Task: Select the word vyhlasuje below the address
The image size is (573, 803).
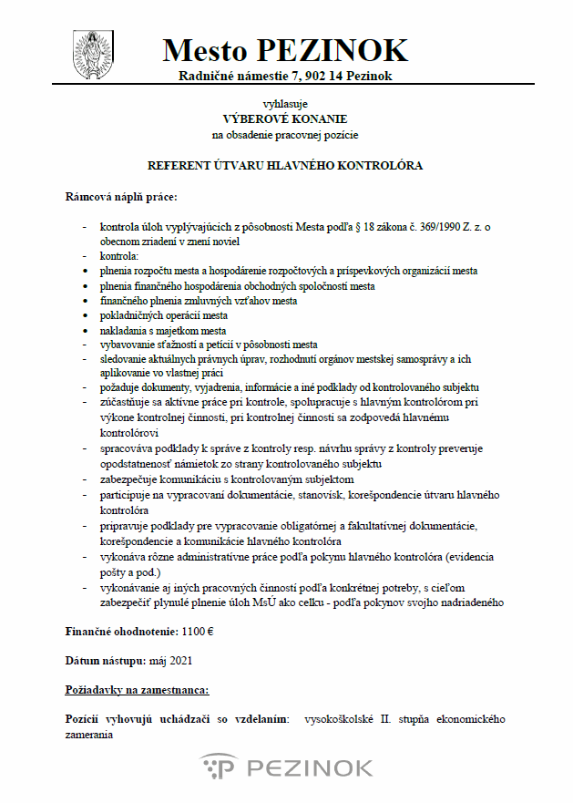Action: click(285, 104)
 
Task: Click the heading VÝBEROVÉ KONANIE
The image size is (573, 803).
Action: click(285, 118)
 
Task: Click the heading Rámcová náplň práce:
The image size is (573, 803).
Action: click(121, 196)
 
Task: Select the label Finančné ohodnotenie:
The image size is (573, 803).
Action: click(123, 632)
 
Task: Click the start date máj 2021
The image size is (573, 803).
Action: click(169, 660)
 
